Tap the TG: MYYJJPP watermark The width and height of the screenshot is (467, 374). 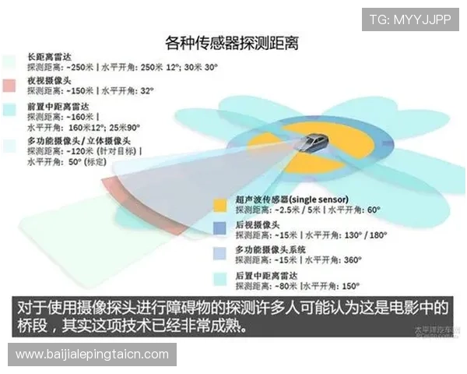pyautogui.click(x=409, y=19)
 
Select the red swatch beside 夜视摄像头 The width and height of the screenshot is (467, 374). pyautogui.click(x=9, y=84)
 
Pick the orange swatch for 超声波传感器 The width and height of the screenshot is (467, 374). pyautogui.click(x=220, y=204)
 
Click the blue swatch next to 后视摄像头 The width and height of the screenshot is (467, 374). pyautogui.click(x=220, y=228)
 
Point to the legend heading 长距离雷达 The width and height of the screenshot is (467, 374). pyautogui.click(x=50, y=57)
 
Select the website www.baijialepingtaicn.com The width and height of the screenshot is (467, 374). pyautogui.click(x=92, y=355)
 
